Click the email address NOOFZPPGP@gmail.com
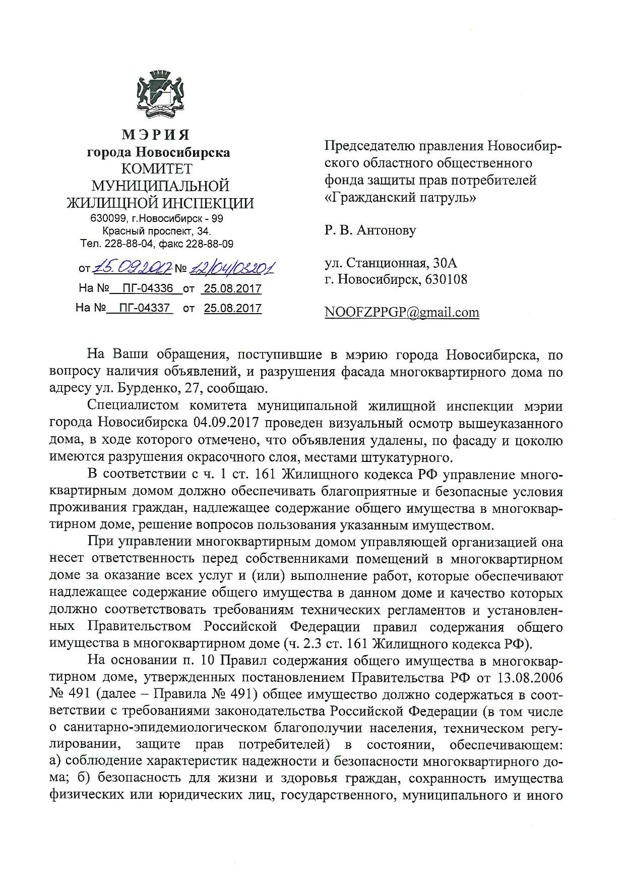pos(402,313)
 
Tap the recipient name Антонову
pos(386,230)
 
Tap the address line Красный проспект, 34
pos(157,231)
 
